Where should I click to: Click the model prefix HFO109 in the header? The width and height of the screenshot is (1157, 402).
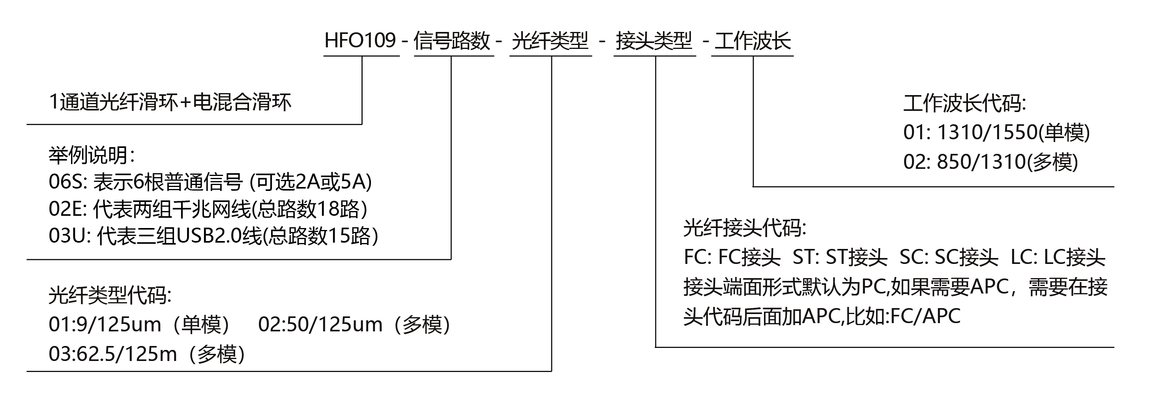(x=360, y=40)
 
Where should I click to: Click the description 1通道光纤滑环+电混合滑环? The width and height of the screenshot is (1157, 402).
(x=170, y=102)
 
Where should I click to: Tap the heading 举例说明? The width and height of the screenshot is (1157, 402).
(x=92, y=155)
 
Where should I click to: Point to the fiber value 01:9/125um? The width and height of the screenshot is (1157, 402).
(x=105, y=324)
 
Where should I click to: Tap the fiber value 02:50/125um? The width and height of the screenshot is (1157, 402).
(x=320, y=324)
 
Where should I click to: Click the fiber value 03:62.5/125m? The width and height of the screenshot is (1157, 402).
(x=113, y=354)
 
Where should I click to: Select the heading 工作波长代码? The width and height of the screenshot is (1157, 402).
(x=965, y=103)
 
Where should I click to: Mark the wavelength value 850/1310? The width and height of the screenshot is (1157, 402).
(x=981, y=162)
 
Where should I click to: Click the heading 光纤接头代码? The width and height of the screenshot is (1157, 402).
(x=745, y=228)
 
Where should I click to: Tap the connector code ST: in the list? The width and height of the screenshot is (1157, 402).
(x=805, y=257)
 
